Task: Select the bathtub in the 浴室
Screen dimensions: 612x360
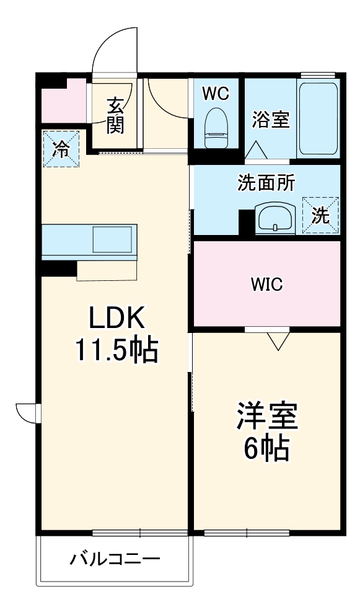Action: (318, 118)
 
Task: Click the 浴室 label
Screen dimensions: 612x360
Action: (271, 120)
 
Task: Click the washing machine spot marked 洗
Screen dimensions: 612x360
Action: (320, 215)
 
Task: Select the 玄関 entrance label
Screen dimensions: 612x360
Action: (115, 116)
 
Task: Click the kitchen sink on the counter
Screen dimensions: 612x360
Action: (112, 239)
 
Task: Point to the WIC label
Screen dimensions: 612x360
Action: (267, 285)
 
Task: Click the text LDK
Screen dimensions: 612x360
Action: (116, 319)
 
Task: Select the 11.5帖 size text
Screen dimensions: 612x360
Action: (116, 351)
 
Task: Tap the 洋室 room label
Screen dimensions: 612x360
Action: (267, 418)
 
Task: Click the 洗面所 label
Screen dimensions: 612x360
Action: (266, 183)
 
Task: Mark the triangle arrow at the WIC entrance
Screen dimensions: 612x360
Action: (279, 340)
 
